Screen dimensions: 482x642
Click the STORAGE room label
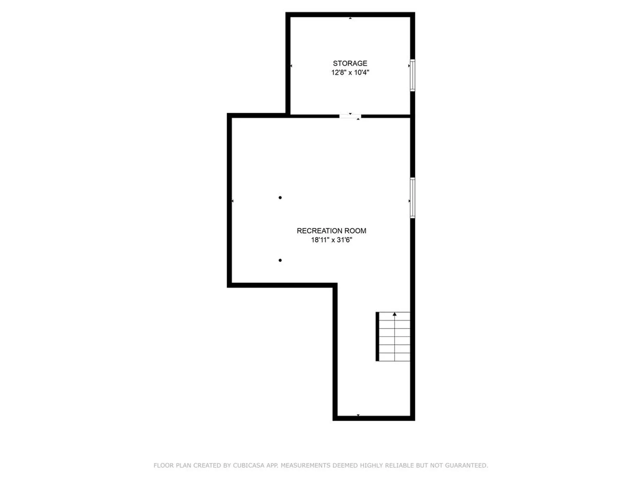tap(350, 63)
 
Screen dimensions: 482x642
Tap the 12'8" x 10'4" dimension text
tap(350, 72)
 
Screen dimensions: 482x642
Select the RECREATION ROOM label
tap(331, 231)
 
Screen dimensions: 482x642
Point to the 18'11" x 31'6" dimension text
tap(331, 240)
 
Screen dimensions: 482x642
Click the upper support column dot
tap(280, 197)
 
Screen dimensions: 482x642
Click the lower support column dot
tap(280, 260)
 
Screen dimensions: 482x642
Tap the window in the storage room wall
tap(413, 75)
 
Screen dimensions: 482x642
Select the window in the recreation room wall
tap(413, 198)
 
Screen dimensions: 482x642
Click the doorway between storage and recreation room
tap(350, 116)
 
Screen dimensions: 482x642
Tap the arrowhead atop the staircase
tap(395, 314)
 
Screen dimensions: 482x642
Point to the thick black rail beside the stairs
tap(378, 336)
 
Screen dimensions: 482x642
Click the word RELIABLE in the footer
tap(399, 465)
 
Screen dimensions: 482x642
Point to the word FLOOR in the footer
tap(164, 465)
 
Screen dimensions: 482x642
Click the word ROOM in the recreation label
tap(357, 231)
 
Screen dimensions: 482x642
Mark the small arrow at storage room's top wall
tap(350, 18)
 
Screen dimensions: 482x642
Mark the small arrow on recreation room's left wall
tap(233, 201)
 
